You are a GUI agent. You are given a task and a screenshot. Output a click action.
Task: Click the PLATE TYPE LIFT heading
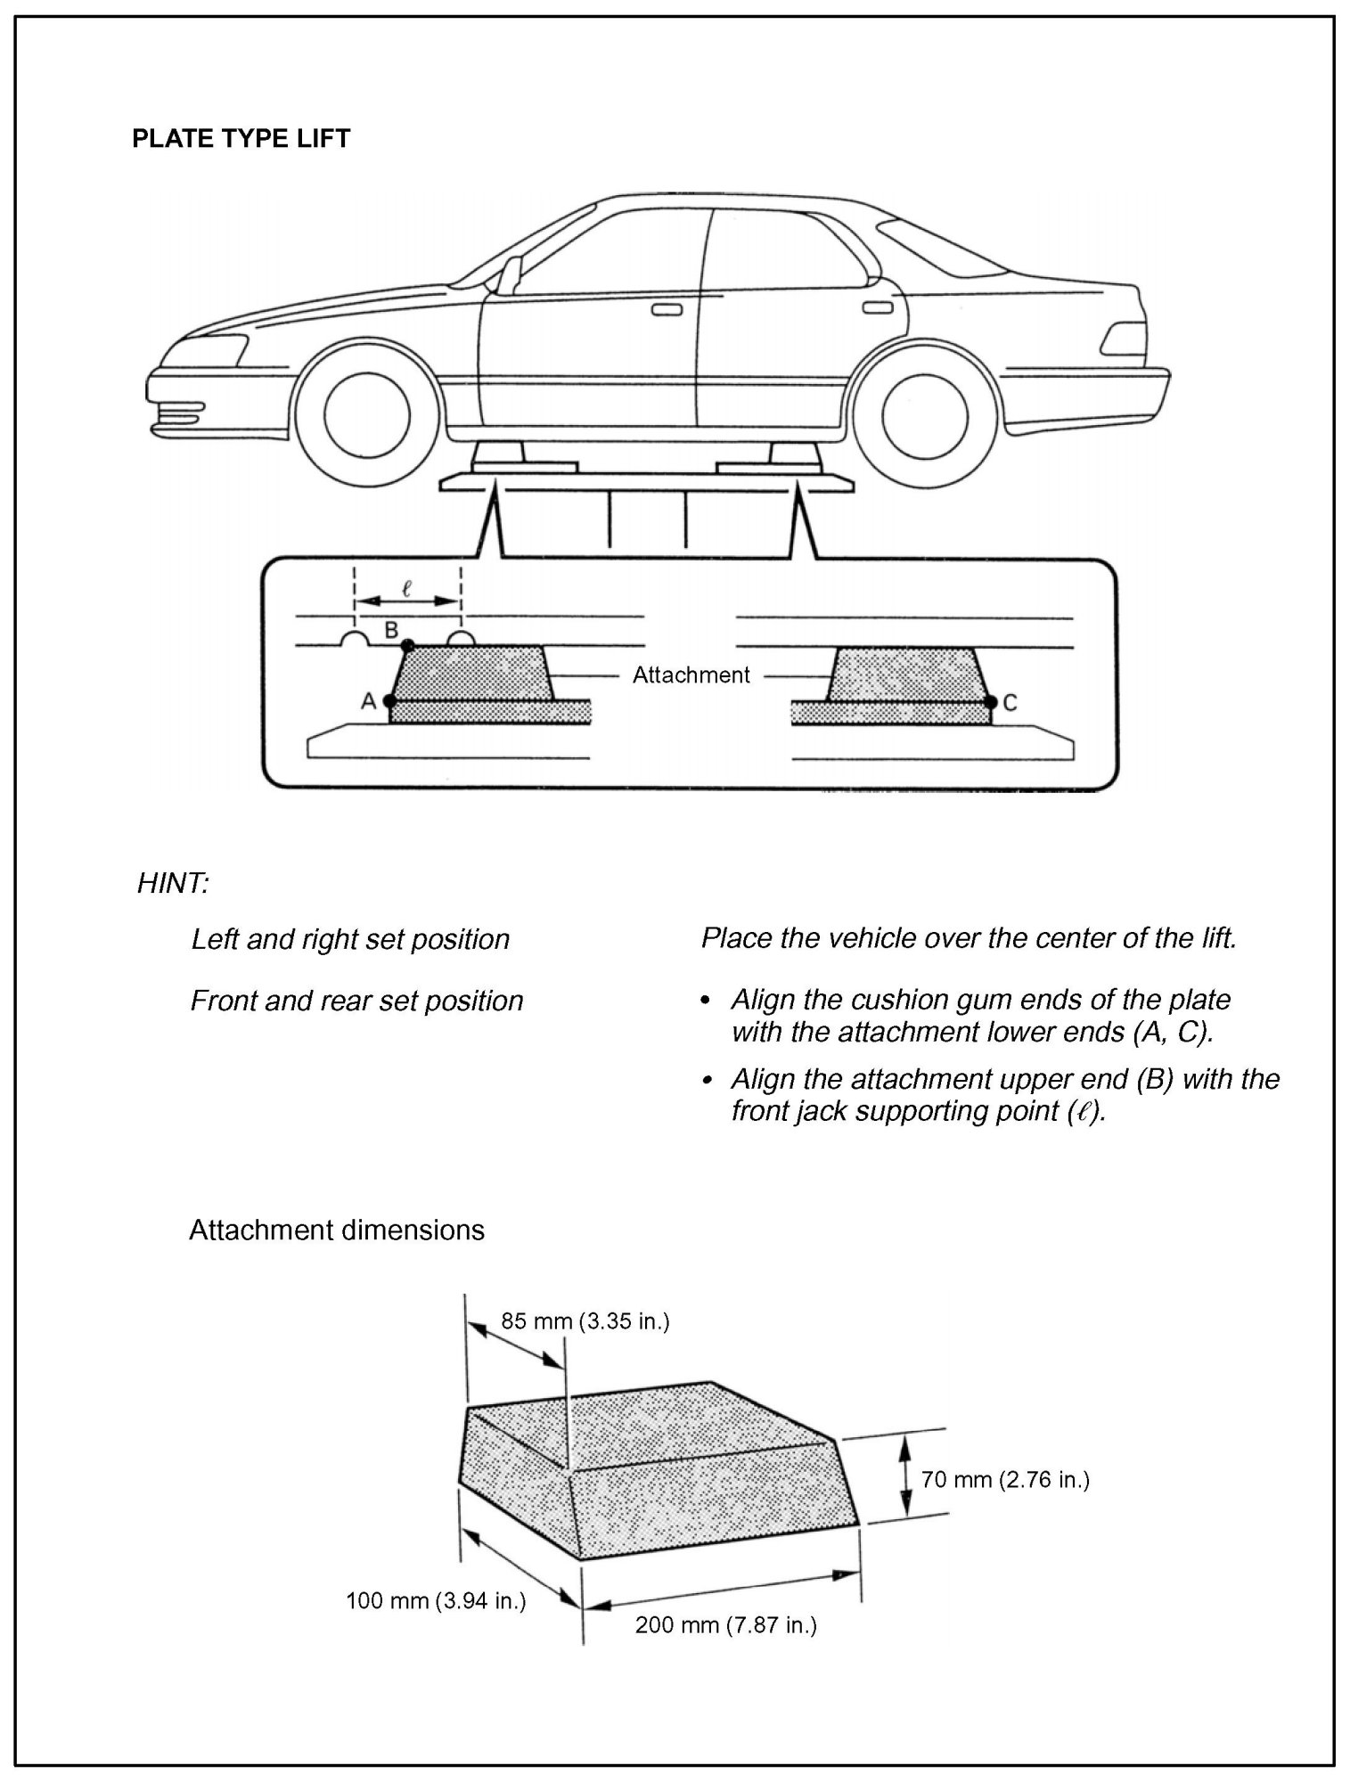[241, 139]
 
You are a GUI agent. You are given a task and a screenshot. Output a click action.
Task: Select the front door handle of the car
[667, 310]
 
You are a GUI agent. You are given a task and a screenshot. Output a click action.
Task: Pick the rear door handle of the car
[877, 307]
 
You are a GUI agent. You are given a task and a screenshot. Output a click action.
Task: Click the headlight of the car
[212, 349]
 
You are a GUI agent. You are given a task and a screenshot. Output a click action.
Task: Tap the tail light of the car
[1124, 339]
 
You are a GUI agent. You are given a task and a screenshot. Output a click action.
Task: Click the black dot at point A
[389, 701]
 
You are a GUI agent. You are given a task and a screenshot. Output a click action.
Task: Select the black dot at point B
[407, 644]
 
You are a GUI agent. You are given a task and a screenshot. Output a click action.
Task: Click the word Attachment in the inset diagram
[691, 675]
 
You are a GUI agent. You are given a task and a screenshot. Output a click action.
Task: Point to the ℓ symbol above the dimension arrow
[406, 588]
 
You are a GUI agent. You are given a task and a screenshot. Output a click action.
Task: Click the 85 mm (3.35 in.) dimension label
[585, 1320]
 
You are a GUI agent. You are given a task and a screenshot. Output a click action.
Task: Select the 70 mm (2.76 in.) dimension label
[1005, 1480]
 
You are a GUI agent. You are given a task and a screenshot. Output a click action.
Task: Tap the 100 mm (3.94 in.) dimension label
[436, 1601]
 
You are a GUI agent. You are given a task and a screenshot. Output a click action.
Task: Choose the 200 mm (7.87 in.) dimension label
[725, 1625]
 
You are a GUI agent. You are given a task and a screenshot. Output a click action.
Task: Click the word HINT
[173, 884]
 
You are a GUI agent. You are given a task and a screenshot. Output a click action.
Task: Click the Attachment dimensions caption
[337, 1230]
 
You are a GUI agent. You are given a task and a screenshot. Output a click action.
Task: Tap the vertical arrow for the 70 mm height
[904, 1475]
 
